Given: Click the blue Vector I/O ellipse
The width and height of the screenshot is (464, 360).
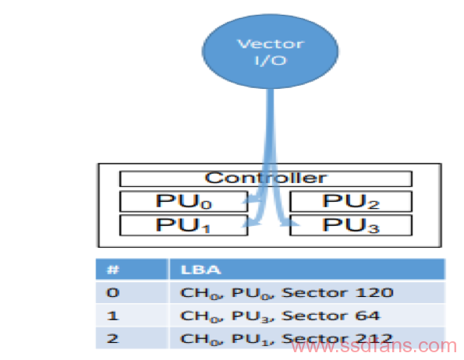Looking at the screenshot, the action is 270,51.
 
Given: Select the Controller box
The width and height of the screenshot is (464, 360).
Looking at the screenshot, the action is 266,178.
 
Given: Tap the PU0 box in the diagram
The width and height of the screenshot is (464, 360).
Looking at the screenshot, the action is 183,202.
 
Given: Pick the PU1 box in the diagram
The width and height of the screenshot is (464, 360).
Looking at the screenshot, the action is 183,225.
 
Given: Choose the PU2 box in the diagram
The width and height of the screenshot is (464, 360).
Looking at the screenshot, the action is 351,202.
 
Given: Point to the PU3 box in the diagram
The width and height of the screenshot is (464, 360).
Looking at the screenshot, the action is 351,225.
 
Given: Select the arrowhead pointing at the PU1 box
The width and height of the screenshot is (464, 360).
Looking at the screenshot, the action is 251,224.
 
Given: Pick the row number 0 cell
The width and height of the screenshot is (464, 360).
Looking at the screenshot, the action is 133,293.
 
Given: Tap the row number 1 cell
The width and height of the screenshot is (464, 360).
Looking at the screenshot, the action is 133,316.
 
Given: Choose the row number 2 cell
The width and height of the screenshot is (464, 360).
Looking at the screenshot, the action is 133,338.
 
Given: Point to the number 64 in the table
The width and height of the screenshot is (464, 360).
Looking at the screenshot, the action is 367,316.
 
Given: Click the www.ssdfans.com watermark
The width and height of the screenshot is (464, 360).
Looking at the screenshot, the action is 374,346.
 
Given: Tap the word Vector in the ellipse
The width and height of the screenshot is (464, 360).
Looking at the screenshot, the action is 271,44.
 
